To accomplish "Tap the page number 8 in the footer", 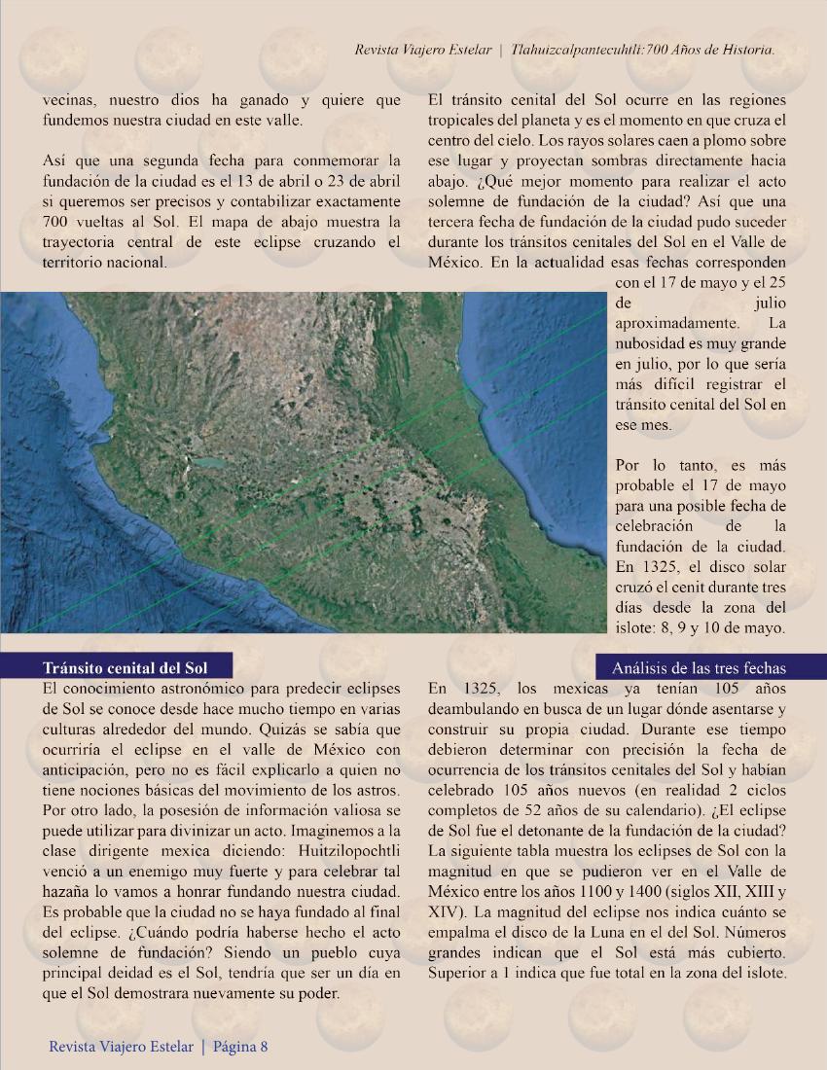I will click(263, 1047).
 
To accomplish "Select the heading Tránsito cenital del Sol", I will click(124, 667).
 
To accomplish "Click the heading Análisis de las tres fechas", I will click(699, 667).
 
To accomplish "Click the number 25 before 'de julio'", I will click(776, 283).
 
